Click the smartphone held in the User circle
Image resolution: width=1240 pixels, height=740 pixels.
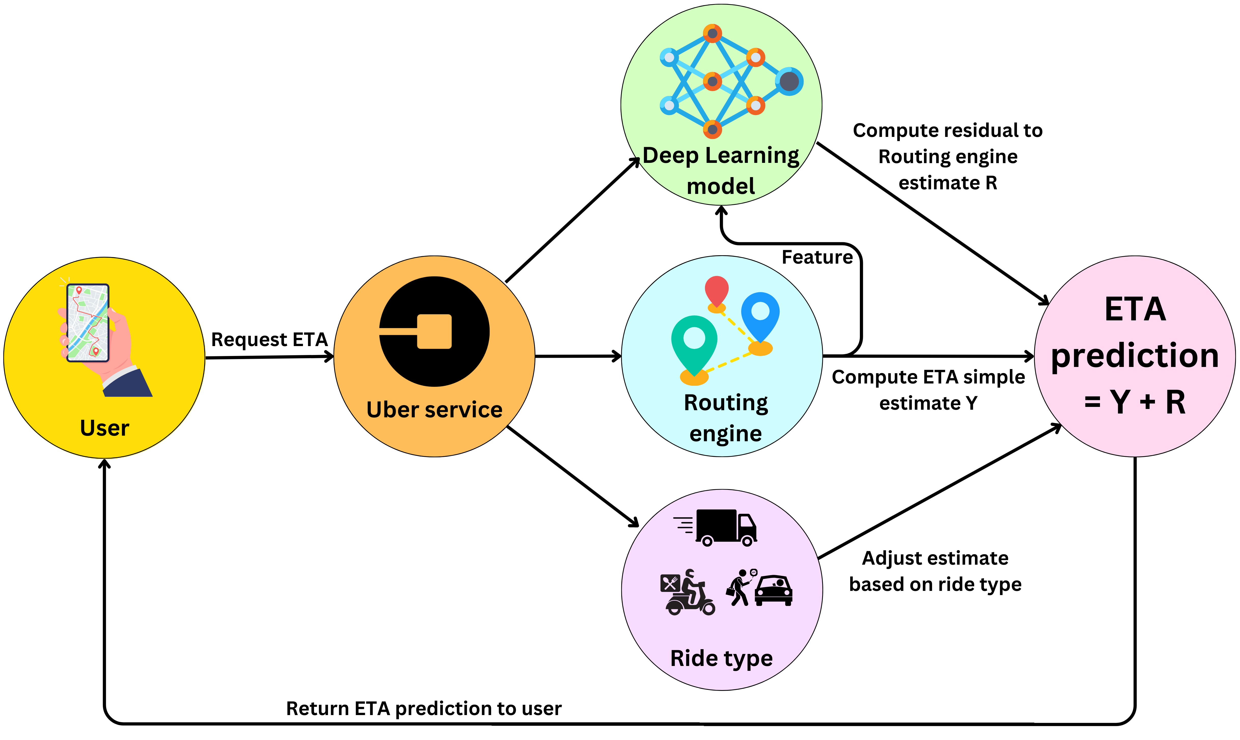(x=88, y=323)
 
